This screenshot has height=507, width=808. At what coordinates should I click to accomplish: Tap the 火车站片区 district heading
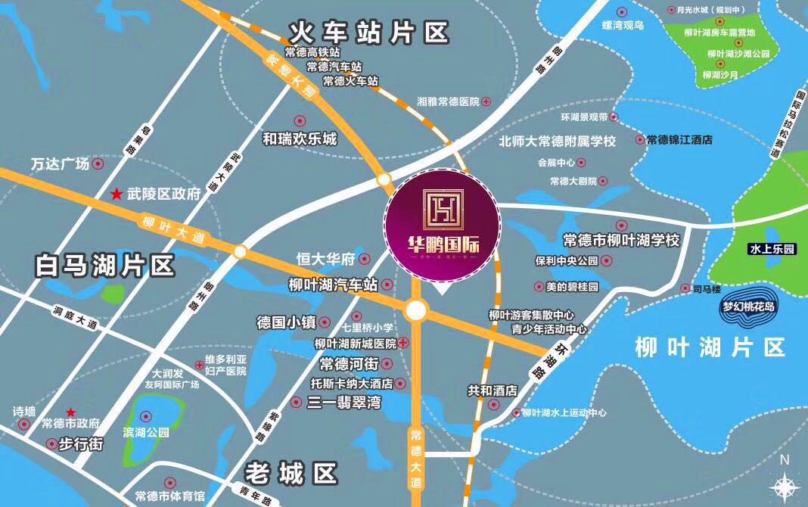point(369,33)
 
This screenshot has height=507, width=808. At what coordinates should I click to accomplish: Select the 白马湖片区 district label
point(105,266)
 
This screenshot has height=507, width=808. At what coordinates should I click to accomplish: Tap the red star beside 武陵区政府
point(117,194)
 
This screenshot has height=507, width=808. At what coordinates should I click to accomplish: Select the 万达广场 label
point(61,163)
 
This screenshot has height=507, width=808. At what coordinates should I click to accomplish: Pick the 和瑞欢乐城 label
point(300,139)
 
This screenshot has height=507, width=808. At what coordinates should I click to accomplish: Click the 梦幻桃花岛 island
point(748,307)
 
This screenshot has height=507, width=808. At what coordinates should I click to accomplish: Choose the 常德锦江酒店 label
point(679,140)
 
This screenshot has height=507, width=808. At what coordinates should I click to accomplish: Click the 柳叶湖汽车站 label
point(333,285)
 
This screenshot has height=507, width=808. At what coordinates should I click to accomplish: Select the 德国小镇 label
point(287,322)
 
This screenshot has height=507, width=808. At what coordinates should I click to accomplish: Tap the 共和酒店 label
point(492,390)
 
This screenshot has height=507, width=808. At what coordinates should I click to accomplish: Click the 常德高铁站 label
point(312,53)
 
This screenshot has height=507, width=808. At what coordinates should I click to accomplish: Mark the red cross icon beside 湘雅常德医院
point(486,101)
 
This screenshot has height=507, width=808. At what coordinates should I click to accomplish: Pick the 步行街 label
point(79,444)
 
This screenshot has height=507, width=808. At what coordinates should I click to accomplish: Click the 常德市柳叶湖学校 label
point(622,240)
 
